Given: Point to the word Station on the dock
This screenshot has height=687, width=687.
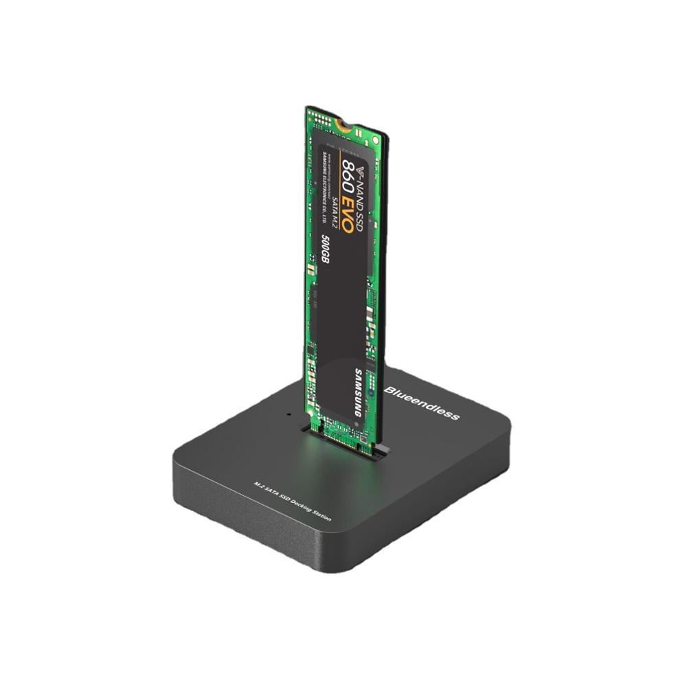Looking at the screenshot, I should (x=321, y=515).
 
